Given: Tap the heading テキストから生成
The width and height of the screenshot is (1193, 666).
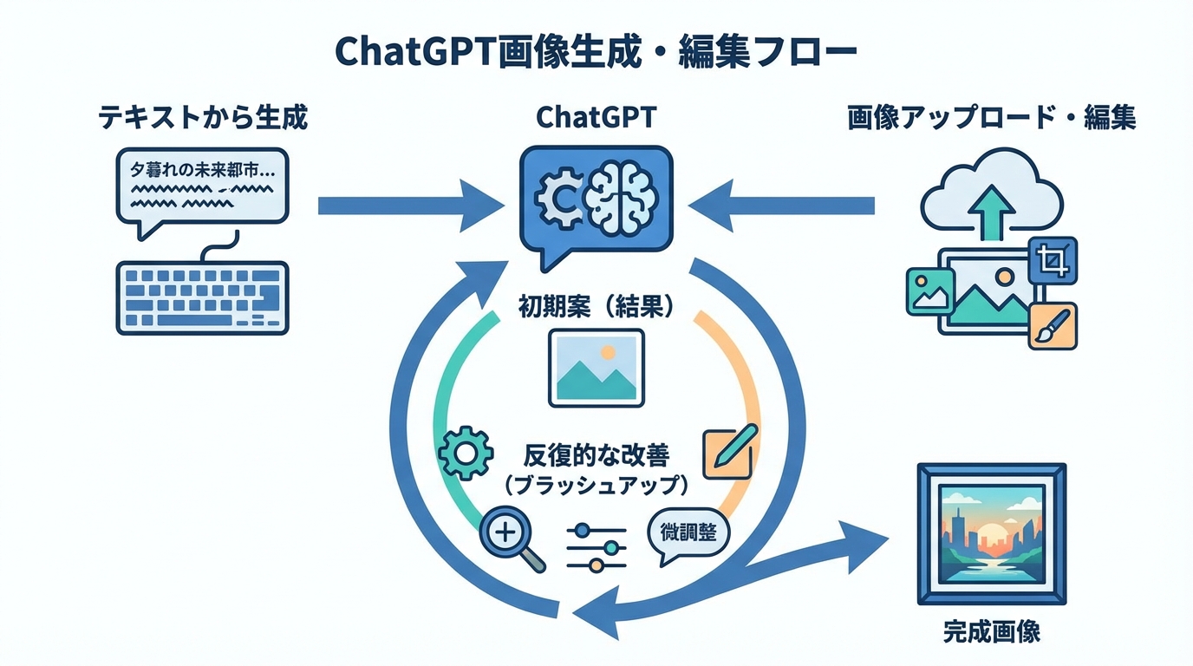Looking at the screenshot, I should click(202, 117).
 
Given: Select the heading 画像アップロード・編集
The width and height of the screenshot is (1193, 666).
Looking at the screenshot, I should click(991, 118).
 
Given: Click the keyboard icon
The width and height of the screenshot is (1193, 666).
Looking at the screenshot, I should click(202, 297).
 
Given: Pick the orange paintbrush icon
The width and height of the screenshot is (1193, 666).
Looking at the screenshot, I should click(1053, 326).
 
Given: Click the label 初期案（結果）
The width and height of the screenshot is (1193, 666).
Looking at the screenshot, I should click(596, 307).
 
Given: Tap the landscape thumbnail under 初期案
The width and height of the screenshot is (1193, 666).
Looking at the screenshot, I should click(596, 368).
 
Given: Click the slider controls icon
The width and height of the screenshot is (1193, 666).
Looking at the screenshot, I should click(596, 546).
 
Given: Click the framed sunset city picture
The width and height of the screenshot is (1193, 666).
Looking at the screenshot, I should click(991, 534).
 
